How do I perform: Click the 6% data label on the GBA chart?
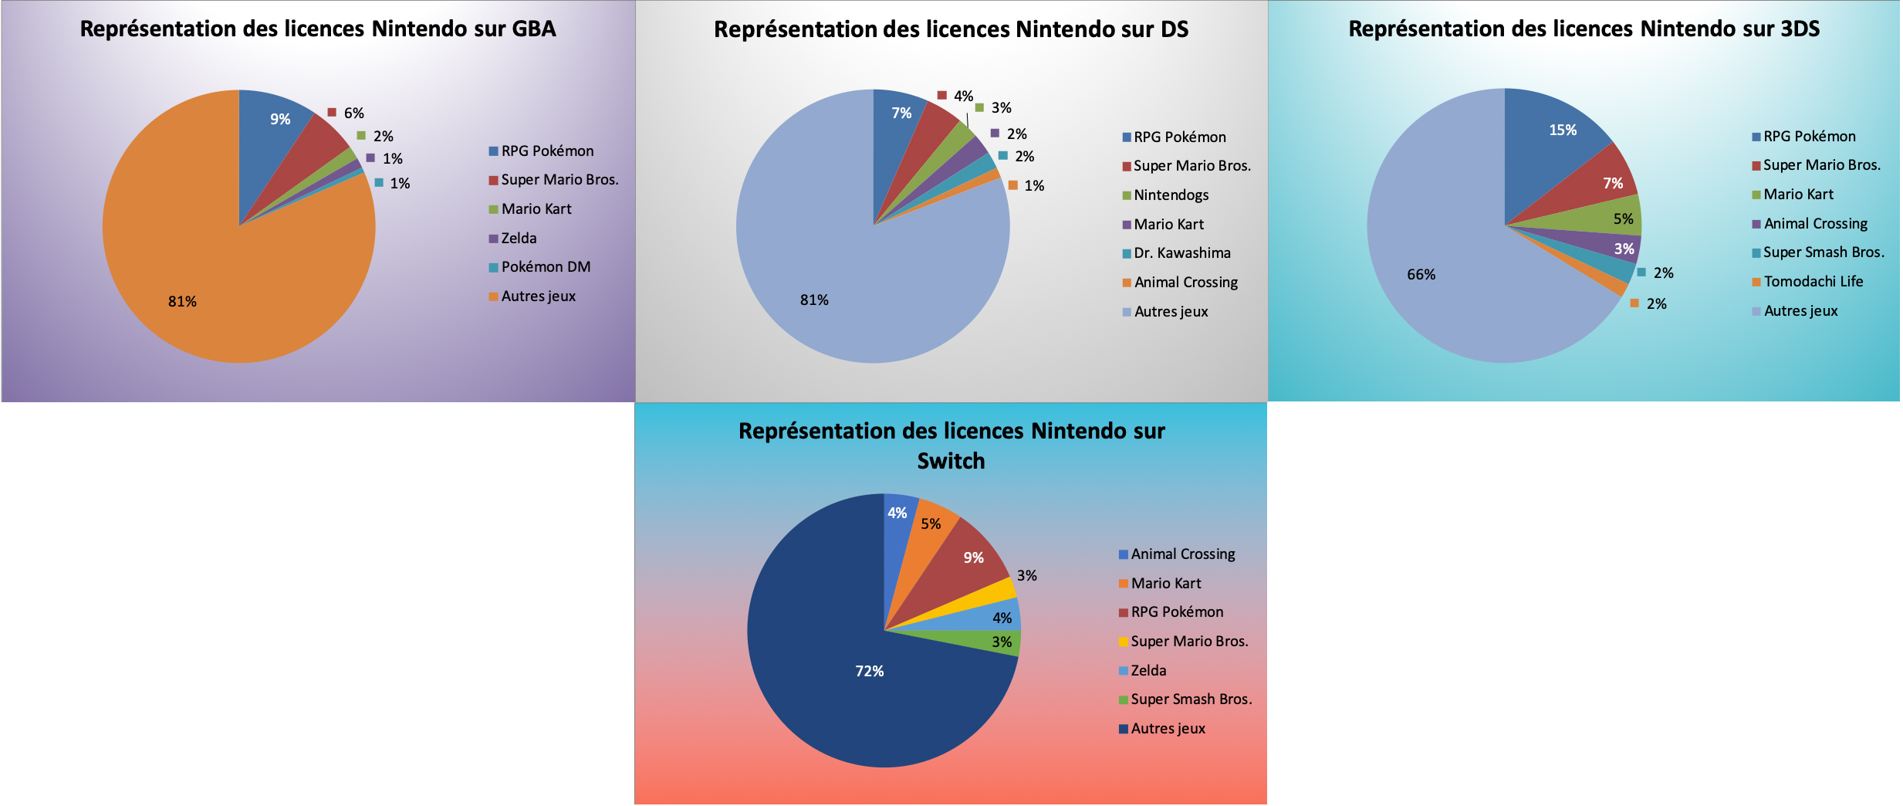[x=353, y=113]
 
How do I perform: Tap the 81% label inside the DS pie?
[x=814, y=300]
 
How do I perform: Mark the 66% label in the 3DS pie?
[x=1421, y=275]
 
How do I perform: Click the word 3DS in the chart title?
[x=1800, y=29]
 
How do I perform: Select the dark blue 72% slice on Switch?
[x=849, y=679]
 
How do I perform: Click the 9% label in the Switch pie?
[x=973, y=558]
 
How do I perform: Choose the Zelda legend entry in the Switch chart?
[x=1148, y=671]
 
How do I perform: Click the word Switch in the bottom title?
[x=951, y=461]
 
